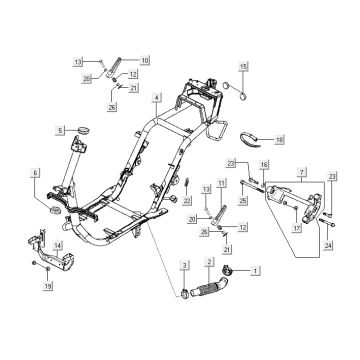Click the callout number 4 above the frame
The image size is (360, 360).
click(156, 98)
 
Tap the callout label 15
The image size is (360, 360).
click(243, 67)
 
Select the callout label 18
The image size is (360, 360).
click(279, 140)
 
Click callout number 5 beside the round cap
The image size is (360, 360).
click(60, 130)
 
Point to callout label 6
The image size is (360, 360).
click(36, 173)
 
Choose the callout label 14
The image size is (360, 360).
click(58, 246)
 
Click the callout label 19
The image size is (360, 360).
click(48, 286)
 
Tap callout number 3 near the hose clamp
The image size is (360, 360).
click(185, 265)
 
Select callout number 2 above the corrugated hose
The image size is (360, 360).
click(209, 262)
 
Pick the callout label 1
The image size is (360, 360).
click(255, 271)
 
